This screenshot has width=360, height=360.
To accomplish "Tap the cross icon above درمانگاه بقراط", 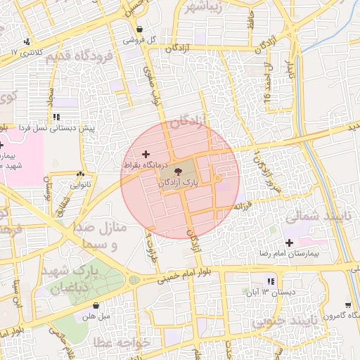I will click(x=146, y=153).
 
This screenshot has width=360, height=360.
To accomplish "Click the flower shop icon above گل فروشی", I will click(x=139, y=30).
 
